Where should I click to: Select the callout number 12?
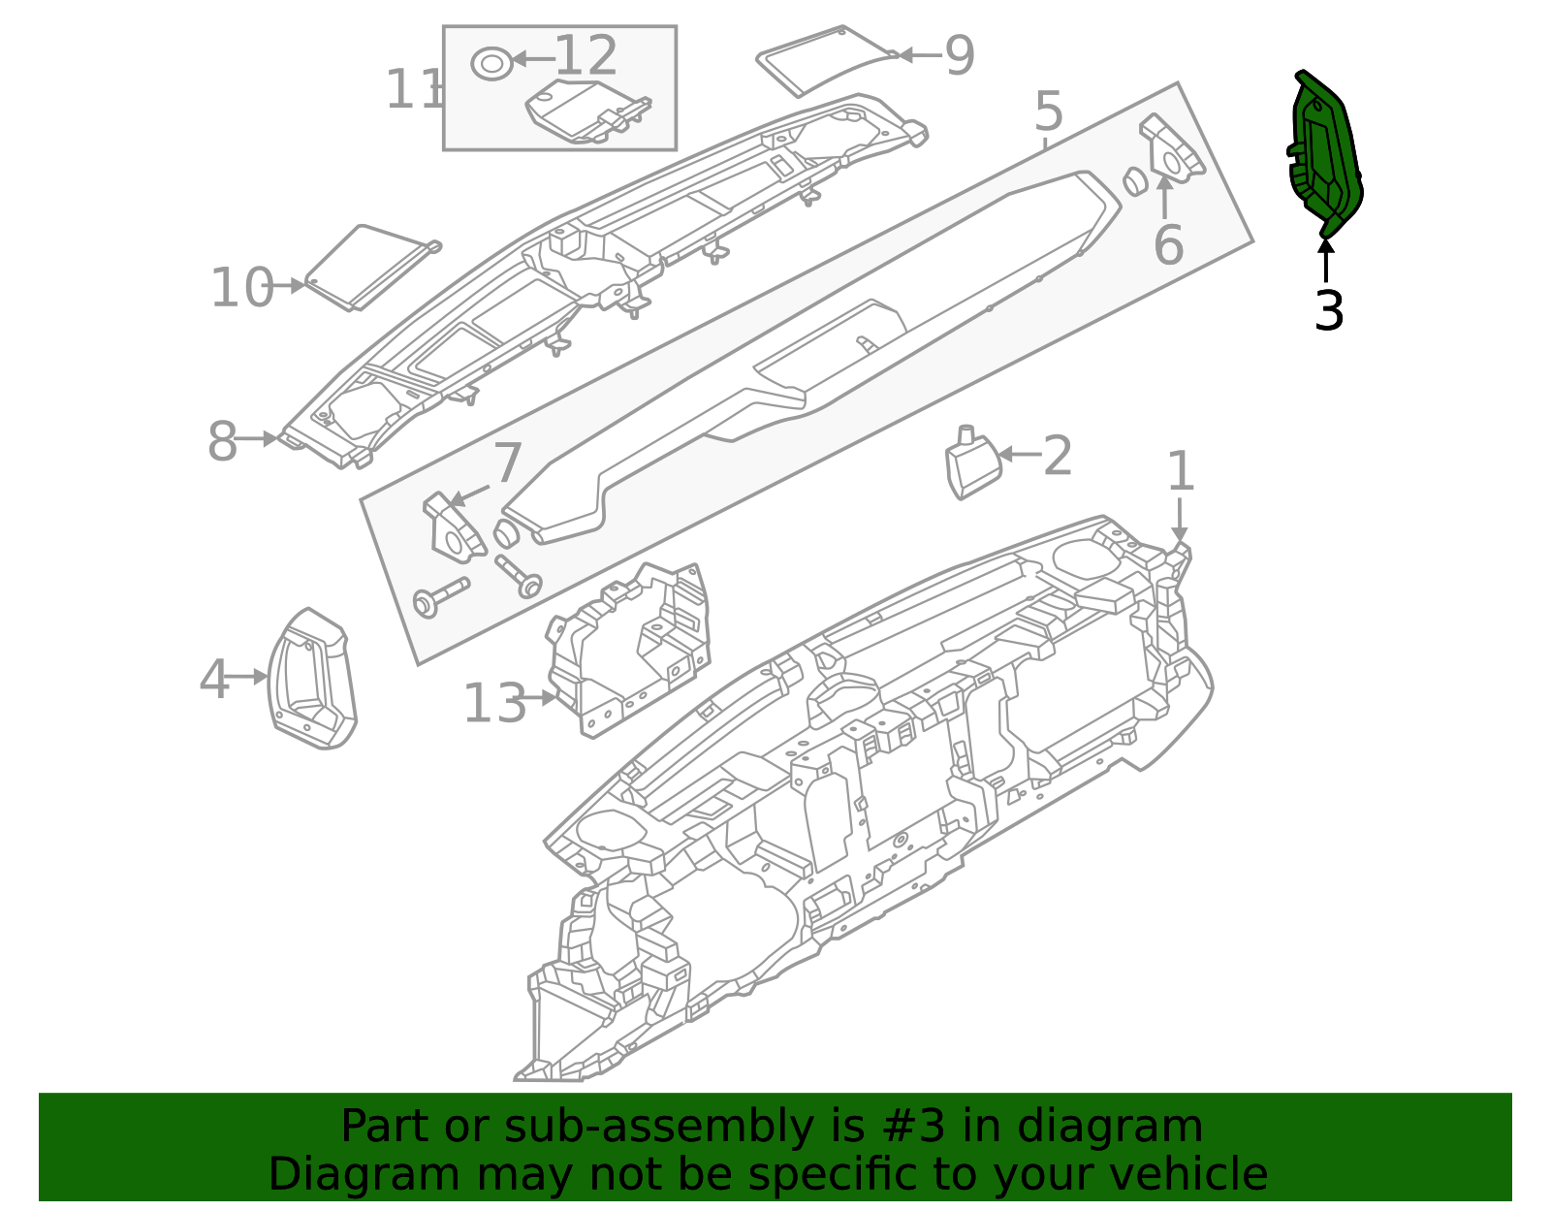coord(586,56)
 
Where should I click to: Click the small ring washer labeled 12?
coord(491,63)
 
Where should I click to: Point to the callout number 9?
coord(959,56)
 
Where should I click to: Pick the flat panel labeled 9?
coord(824,60)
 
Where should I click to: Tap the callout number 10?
coord(241,288)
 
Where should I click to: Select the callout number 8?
coord(222,442)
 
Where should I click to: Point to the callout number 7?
coord(508,464)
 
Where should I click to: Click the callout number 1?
coord(1180,472)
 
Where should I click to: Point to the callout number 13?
coord(494,704)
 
